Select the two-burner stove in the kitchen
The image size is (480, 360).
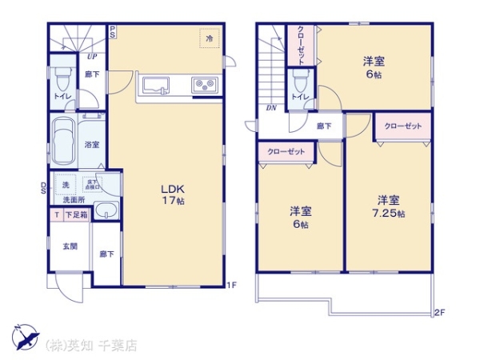(x=201, y=84)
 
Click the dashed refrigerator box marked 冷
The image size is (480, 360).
(x=210, y=38)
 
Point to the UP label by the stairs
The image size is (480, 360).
(x=93, y=57)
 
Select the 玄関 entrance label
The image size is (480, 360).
(x=70, y=246)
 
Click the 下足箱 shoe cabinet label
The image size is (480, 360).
(x=76, y=215)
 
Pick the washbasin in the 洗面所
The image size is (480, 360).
(x=106, y=212)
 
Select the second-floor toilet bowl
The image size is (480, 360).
(x=300, y=81)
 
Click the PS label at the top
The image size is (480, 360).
(x=114, y=33)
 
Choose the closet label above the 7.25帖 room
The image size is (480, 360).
(x=402, y=126)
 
